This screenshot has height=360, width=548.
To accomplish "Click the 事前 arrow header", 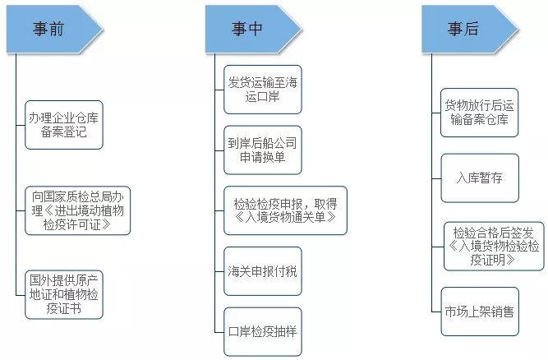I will tap(52, 30).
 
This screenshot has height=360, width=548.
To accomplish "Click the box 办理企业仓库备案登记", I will tap(64, 124).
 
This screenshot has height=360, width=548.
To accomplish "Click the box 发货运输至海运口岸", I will tap(263, 89).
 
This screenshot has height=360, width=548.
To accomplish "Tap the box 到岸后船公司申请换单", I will tap(263, 149).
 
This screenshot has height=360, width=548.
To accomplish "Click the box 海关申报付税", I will tap(263, 270).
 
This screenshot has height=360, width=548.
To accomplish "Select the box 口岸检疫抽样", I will tap(263, 330).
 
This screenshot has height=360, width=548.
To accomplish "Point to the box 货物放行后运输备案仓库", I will tap(480, 113).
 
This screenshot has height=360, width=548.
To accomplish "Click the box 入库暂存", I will tap(480, 178).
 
